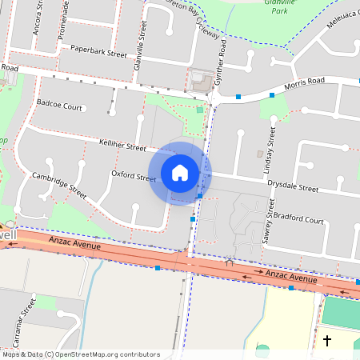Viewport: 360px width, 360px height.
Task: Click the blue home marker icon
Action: point(180,172)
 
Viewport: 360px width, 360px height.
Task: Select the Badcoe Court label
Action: point(59,106)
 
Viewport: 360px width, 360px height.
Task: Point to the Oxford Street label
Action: point(133,176)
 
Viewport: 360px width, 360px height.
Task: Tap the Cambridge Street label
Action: point(58,185)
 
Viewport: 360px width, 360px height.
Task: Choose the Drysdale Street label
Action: point(292,186)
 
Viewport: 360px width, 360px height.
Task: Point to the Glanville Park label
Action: point(279,8)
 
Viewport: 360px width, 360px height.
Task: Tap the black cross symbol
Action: point(326,340)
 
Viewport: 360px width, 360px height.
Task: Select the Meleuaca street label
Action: point(344,18)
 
